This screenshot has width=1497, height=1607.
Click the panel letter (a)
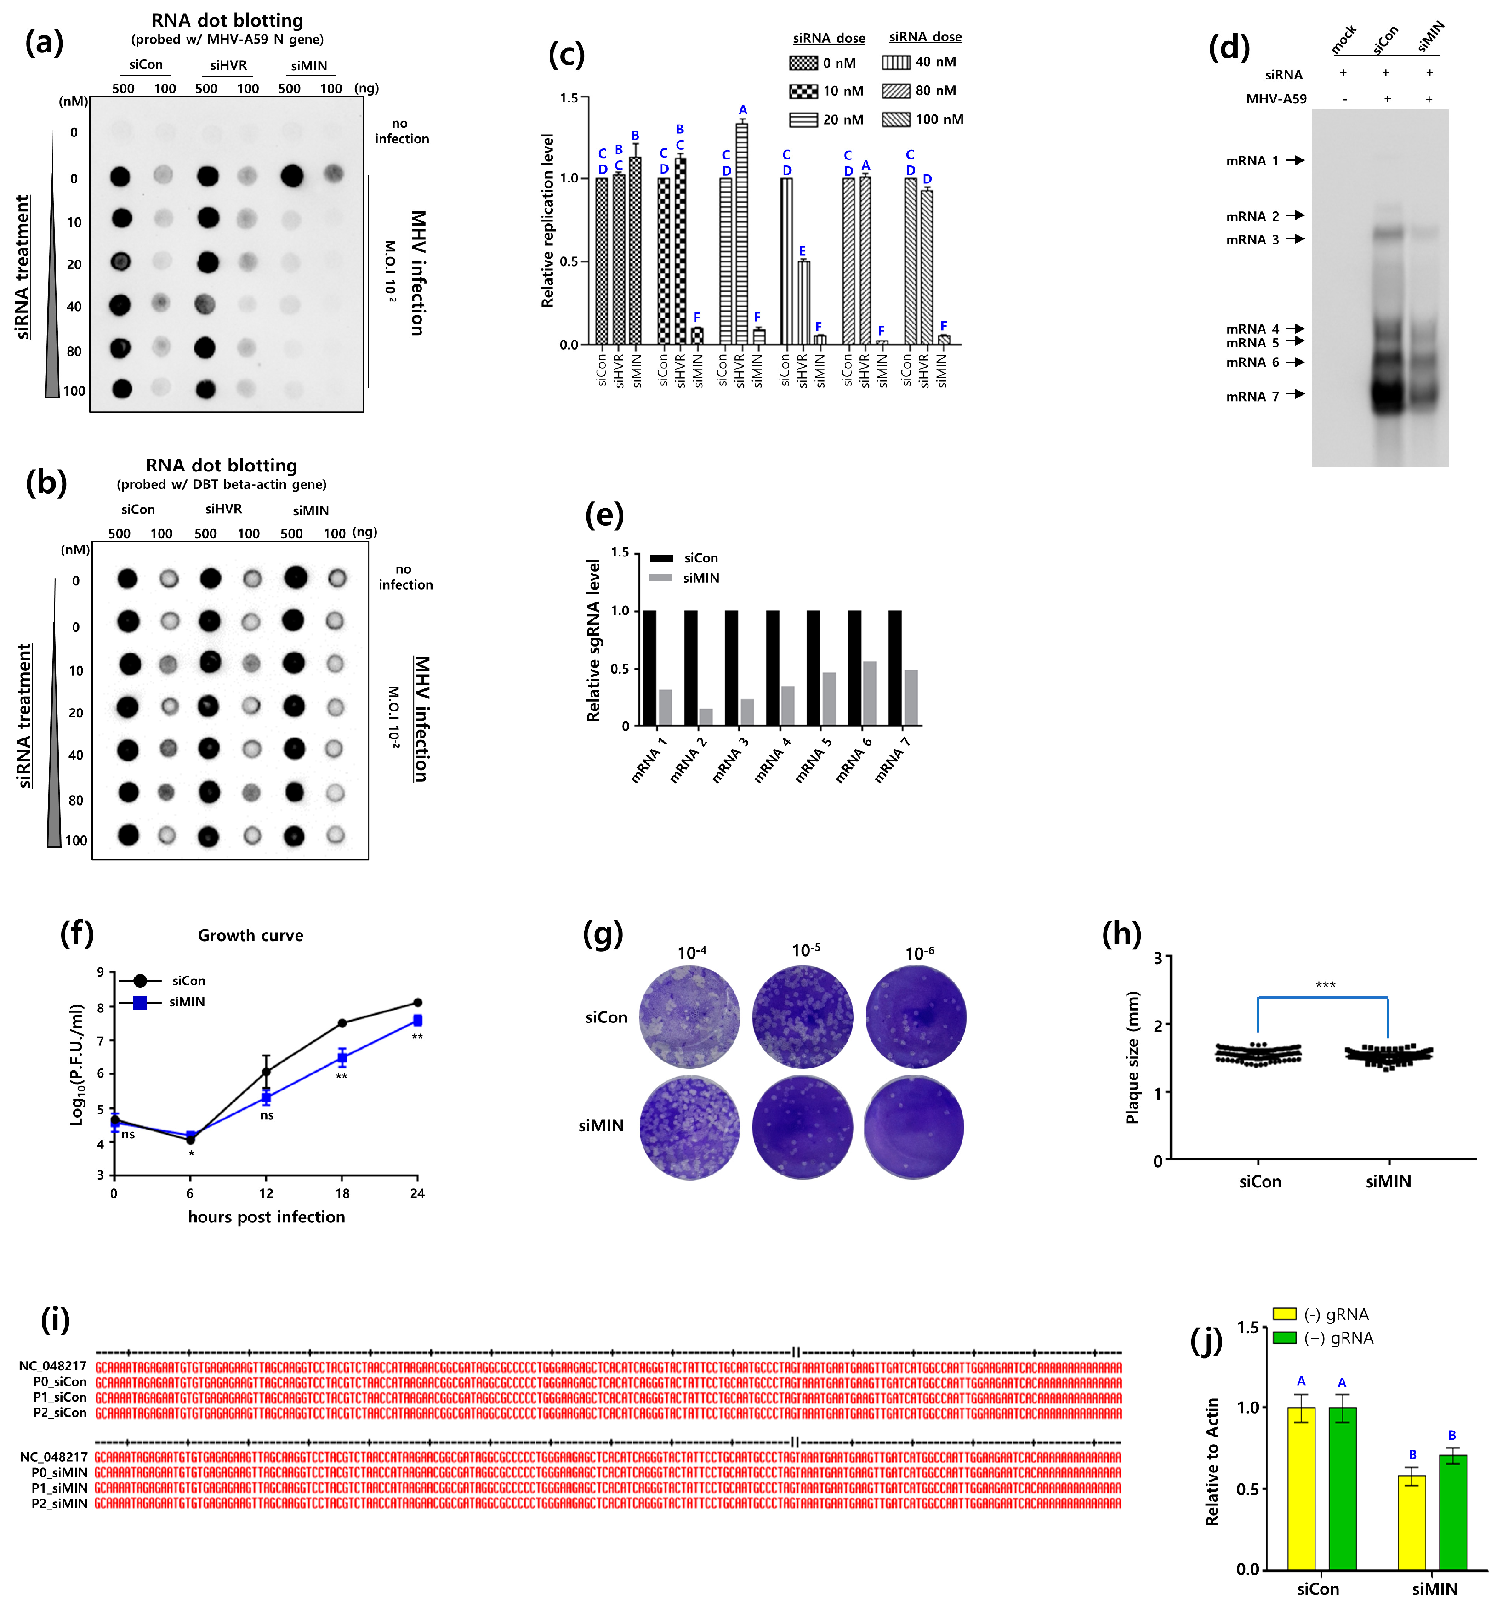(x=45, y=42)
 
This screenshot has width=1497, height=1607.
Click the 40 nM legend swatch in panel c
(x=896, y=62)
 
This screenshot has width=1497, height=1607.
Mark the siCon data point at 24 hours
(x=417, y=1002)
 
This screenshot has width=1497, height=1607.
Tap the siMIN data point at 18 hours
(x=342, y=1057)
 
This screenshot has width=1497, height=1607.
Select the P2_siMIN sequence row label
(x=59, y=1504)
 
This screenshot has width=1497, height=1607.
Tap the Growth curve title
(x=250, y=935)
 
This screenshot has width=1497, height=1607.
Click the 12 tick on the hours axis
(x=266, y=1193)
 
